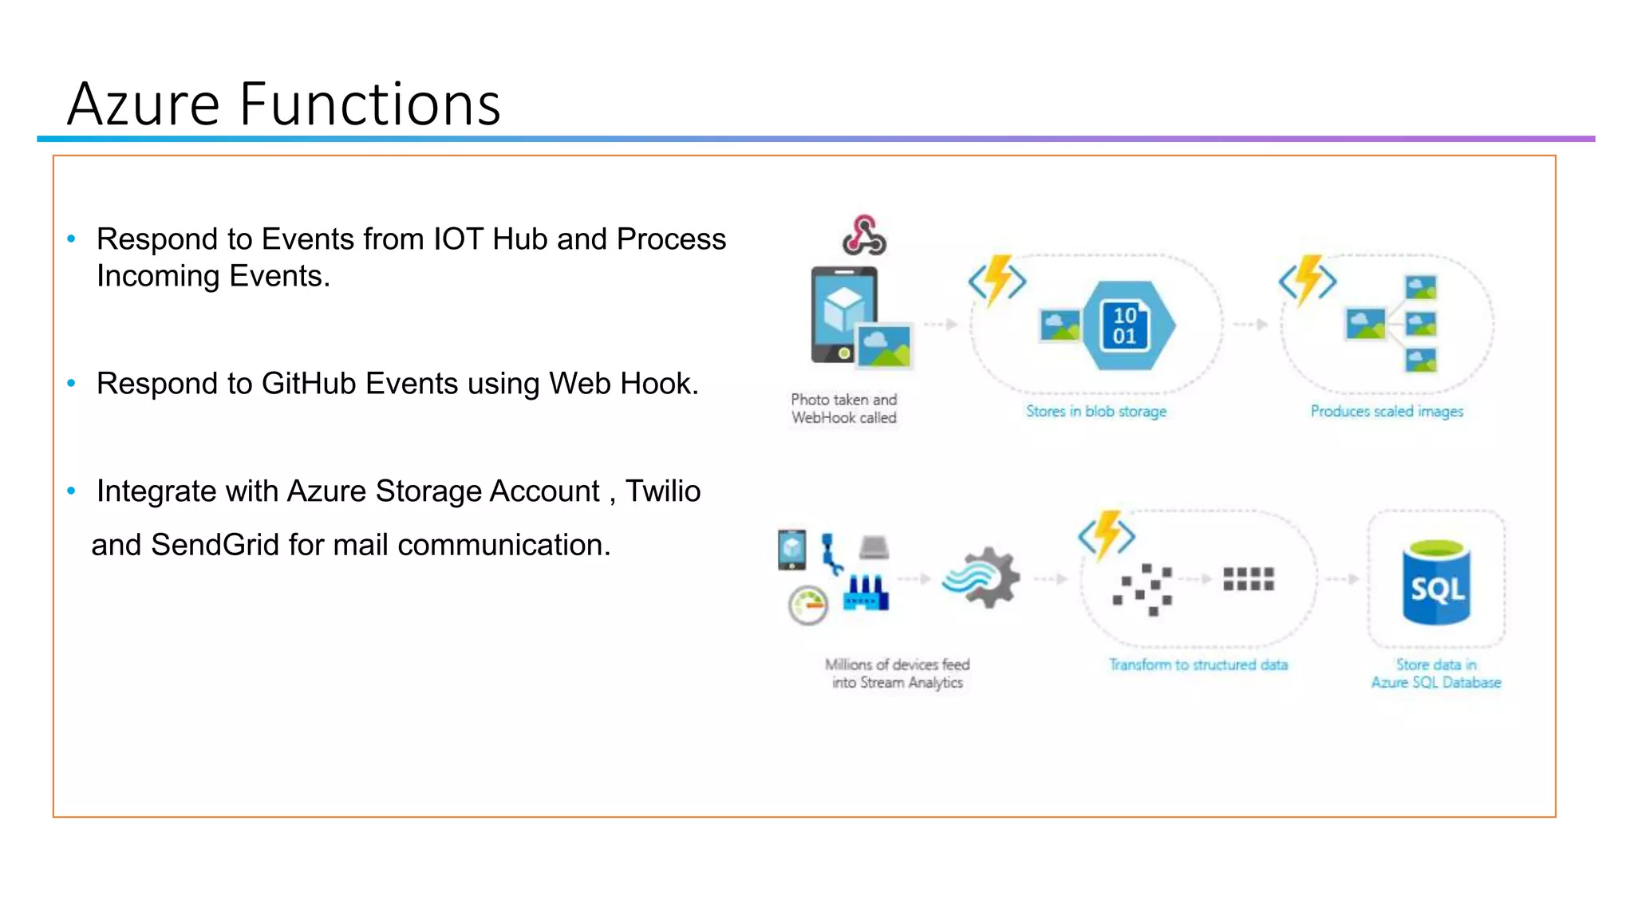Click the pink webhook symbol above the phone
coord(864,235)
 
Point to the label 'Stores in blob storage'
coord(1095,412)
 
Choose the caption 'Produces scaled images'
coord(1387,412)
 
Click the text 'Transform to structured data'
coord(1198,665)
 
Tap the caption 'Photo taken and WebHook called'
coord(844,408)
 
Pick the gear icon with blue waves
coord(981,578)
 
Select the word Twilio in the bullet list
coord(662,491)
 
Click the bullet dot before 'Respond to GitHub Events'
coord(72,384)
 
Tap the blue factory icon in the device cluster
coord(866,593)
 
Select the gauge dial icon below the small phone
coord(807,605)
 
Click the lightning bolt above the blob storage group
coord(997,280)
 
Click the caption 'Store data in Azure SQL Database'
coord(1436,673)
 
